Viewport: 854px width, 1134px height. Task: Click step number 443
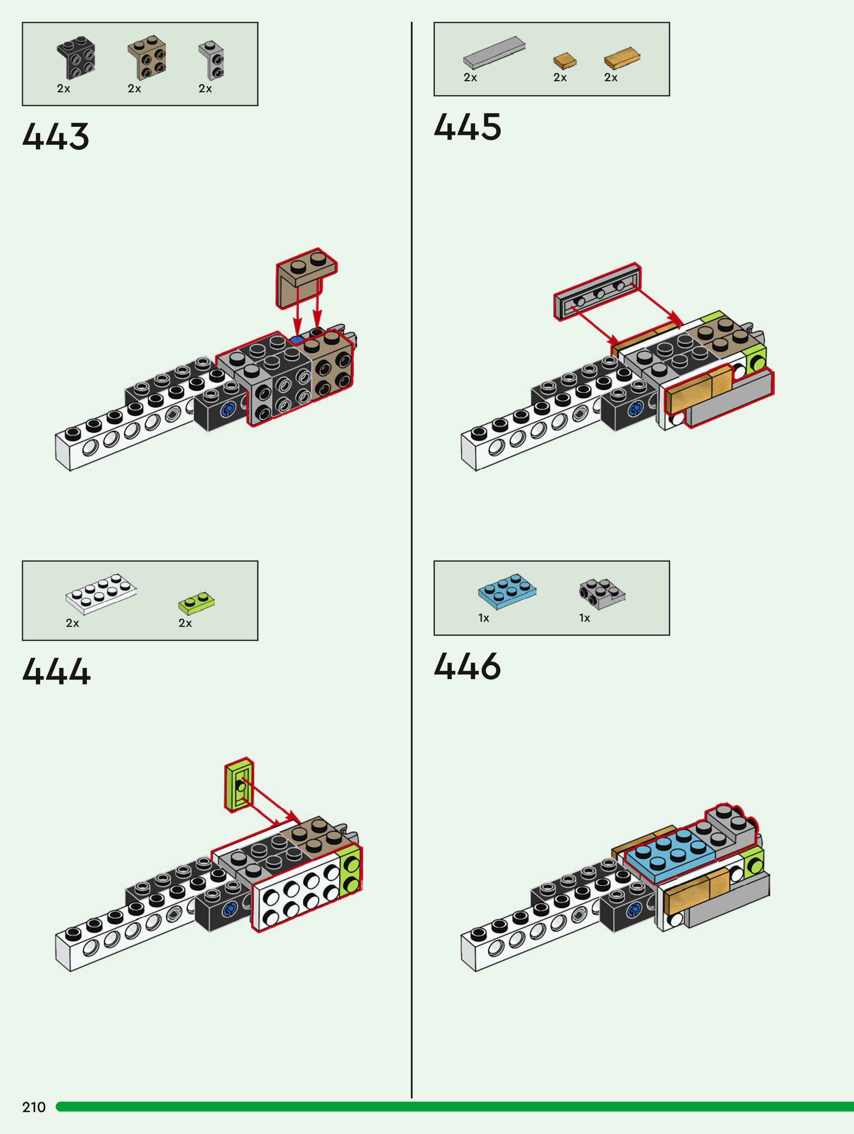[56, 136]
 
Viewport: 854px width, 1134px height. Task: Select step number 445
[467, 127]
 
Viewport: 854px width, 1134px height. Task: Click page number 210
[34, 1107]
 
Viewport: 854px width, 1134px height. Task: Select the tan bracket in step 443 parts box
[147, 57]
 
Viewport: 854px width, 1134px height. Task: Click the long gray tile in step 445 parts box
[494, 52]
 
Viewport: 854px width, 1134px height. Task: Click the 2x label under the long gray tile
[470, 77]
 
